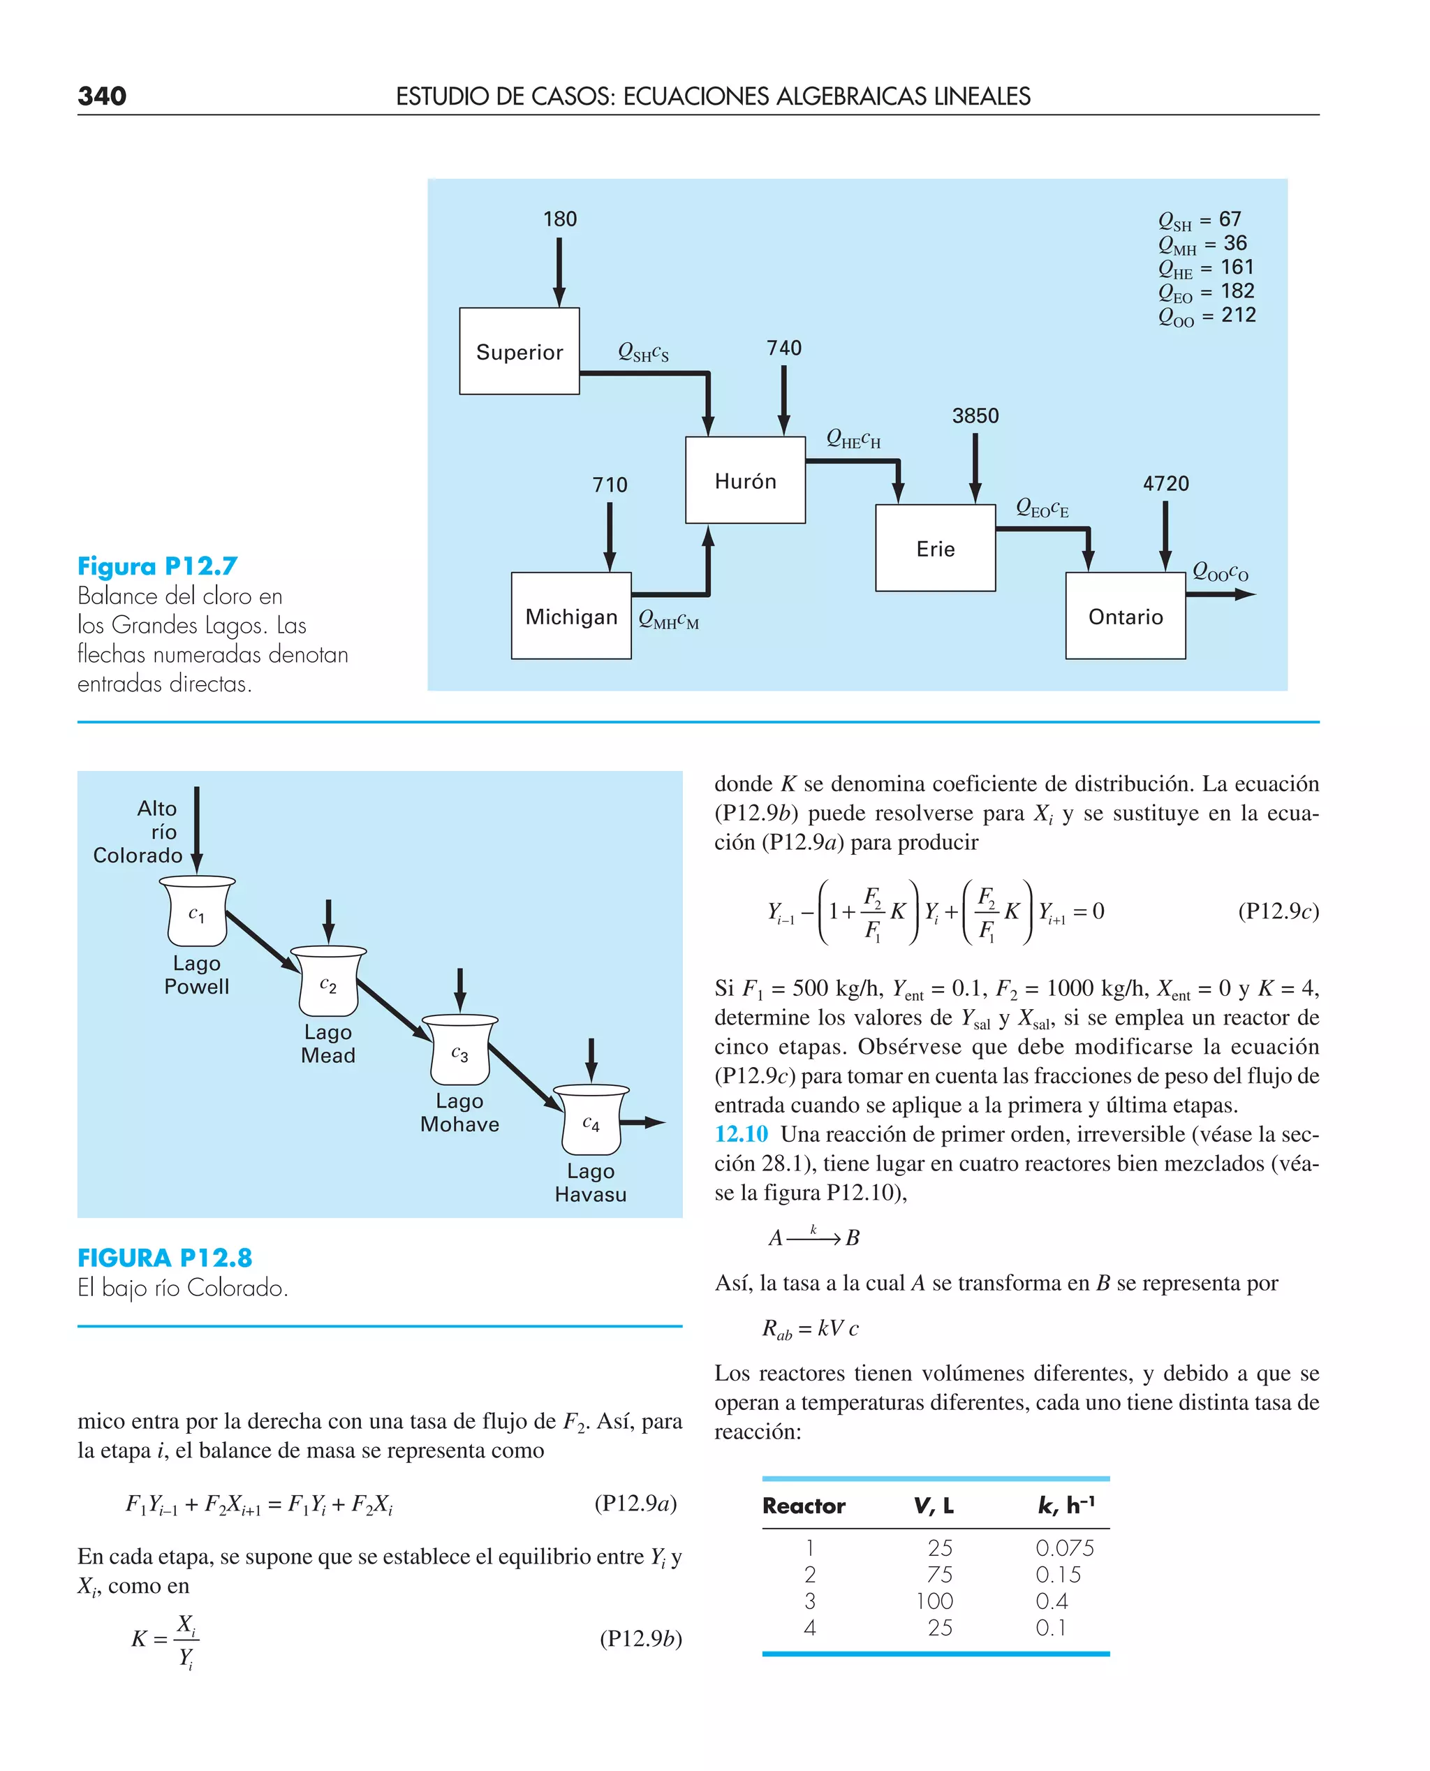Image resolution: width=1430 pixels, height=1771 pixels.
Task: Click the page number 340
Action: click(x=102, y=96)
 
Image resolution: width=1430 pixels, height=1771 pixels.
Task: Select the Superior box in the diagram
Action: click(x=519, y=352)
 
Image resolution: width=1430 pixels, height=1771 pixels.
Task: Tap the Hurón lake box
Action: click(x=744, y=480)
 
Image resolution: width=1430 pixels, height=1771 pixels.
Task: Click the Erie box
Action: click(x=935, y=549)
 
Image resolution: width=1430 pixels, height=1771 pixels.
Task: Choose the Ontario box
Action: click(x=1126, y=616)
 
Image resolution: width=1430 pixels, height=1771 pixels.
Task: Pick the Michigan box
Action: click(x=571, y=616)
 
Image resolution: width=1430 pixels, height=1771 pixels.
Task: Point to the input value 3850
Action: click(x=975, y=416)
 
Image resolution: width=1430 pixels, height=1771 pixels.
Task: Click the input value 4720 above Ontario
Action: click(x=1165, y=483)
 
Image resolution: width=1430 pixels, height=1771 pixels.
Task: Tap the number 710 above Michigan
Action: click(x=610, y=485)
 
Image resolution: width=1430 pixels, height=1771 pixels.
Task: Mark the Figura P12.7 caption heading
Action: click(x=157, y=567)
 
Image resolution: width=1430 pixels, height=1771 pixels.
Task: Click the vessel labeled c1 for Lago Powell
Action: click(x=197, y=913)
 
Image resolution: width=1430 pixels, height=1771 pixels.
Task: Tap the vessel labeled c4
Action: click(x=591, y=1122)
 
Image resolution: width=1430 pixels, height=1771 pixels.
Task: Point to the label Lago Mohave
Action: click(x=459, y=1113)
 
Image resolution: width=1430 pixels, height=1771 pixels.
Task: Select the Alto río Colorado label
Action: click(x=138, y=832)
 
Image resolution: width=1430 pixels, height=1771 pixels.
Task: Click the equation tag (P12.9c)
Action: click(x=1278, y=911)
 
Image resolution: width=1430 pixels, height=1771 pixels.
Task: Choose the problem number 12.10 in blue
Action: click(x=741, y=1134)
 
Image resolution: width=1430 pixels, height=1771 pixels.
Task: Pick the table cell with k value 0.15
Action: click(x=1058, y=1574)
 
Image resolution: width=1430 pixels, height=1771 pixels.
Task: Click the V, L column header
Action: click(x=934, y=1506)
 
